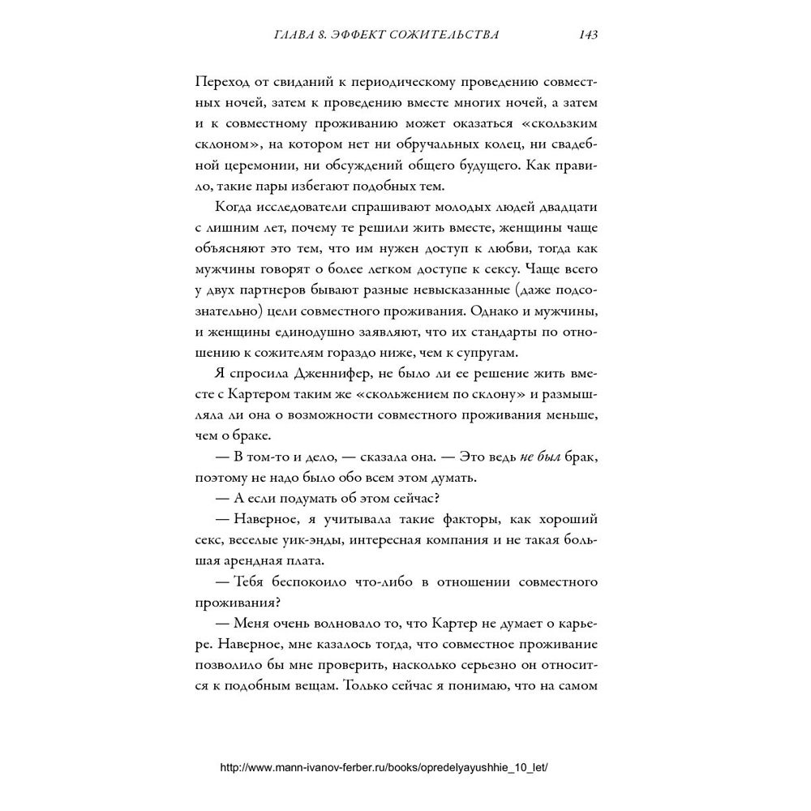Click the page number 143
point(587,35)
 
